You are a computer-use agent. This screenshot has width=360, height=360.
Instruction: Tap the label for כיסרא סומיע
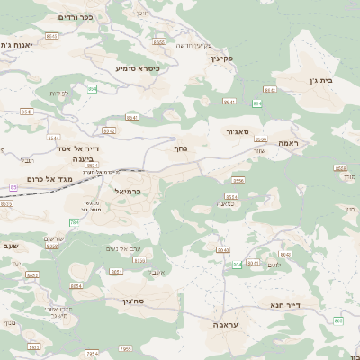pos(138,67)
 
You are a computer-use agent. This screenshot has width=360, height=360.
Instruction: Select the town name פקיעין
pos(222,58)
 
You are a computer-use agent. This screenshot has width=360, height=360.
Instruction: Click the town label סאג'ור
pos(231,131)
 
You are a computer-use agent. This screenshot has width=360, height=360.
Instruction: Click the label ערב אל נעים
pos(118,248)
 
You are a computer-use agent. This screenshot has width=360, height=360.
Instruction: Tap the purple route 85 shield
pos(13,187)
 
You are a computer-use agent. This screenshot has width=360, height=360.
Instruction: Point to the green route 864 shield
pos(257,103)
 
